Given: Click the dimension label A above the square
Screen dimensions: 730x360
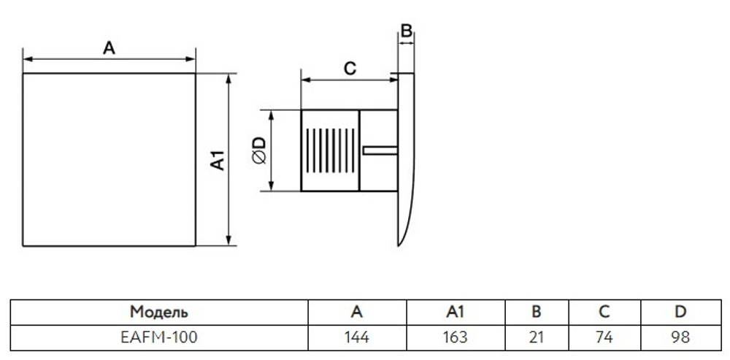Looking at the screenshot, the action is [109, 47].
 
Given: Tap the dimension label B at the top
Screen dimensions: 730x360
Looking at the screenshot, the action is [406, 31].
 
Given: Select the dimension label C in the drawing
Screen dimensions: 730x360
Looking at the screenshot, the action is [350, 69].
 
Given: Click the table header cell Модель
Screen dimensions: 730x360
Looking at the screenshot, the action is [159, 312].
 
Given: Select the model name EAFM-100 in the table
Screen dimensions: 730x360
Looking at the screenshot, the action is [158, 337].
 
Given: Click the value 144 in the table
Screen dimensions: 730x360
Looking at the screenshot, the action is [357, 337].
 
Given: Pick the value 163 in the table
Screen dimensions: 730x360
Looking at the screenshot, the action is [456, 337].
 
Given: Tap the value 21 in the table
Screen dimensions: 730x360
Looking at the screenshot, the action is [537, 337].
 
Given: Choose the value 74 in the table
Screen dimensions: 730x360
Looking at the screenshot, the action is [604, 337].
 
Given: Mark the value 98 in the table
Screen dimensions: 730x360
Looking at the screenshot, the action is [680, 337].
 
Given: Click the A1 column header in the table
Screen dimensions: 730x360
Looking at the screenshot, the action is [456, 312].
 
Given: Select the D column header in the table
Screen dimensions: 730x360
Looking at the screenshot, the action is [680, 312].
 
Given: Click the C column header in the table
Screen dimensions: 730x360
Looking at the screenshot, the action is [604, 312].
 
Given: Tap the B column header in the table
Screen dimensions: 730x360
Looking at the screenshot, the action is [537, 312].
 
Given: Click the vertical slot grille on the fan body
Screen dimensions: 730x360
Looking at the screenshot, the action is [331, 150].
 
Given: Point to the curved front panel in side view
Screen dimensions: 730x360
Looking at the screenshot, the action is [405, 159].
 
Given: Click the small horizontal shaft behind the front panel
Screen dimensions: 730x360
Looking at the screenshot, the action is [380, 150].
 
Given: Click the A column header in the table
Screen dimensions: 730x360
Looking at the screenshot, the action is [357, 312].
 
